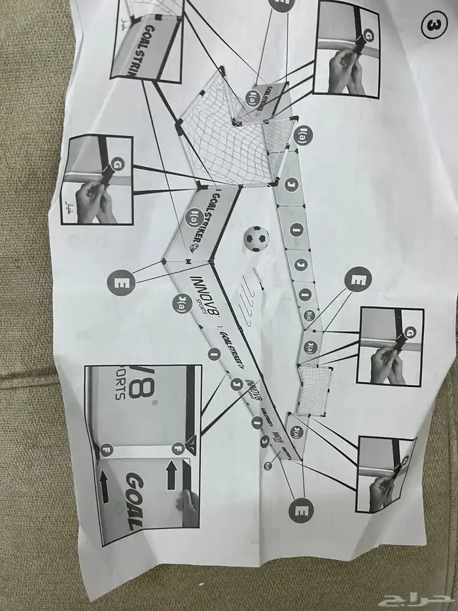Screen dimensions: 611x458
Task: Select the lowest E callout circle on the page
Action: pos(302,508)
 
